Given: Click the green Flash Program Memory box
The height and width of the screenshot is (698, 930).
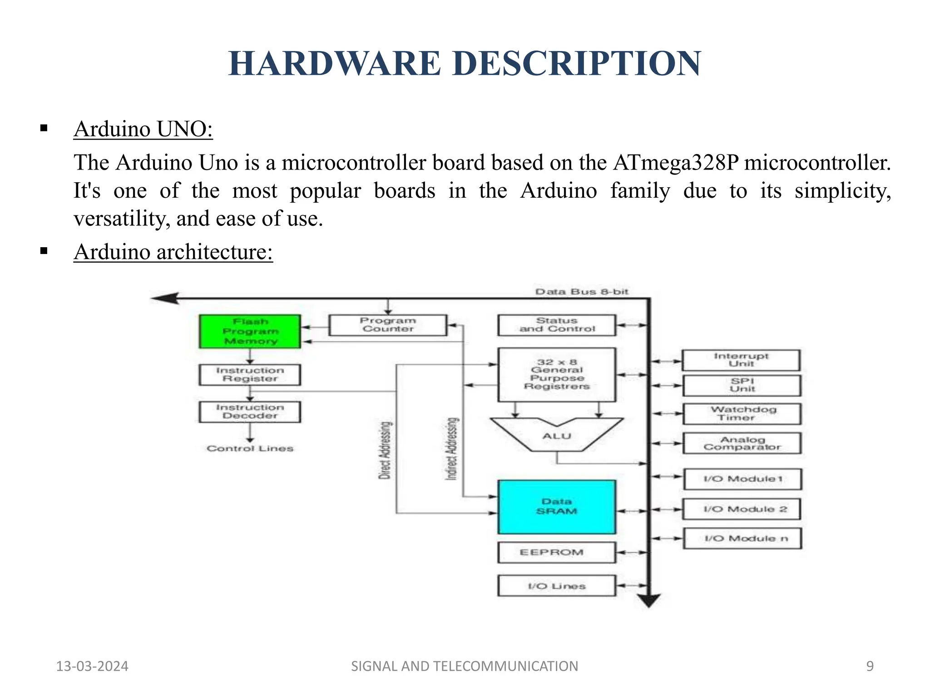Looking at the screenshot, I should [250, 331].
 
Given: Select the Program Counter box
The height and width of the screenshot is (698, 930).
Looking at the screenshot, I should [388, 325].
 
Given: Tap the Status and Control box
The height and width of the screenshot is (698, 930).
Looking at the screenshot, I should [557, 325].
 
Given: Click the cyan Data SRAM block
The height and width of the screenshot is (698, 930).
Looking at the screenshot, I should [557, 507].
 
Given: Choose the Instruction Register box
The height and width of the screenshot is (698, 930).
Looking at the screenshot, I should [250, 375].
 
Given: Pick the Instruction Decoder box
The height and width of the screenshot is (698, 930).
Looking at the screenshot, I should [250, 412].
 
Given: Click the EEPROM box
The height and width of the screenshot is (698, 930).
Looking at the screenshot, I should [557, 553].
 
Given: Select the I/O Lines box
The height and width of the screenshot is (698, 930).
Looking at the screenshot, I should [557, 586].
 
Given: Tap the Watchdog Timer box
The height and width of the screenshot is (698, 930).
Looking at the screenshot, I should [742, 414].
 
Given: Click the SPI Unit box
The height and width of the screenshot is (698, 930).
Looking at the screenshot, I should [742, 385].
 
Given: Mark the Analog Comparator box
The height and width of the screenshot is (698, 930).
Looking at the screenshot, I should [742, 443].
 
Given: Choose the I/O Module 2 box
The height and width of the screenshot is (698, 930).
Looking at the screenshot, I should [742, 509].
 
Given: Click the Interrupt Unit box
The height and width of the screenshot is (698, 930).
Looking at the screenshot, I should [741, 360].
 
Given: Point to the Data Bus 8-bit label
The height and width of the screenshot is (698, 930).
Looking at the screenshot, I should [582, 292].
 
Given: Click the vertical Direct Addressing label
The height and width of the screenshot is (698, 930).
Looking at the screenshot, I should [385, 450].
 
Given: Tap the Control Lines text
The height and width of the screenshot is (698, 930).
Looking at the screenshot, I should [250, 449].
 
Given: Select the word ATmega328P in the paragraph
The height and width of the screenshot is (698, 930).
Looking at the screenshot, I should [676, 163].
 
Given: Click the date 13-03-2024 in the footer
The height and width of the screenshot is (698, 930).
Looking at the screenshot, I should [92, 666].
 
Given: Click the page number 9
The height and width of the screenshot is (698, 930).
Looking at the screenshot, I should [870, 666].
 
